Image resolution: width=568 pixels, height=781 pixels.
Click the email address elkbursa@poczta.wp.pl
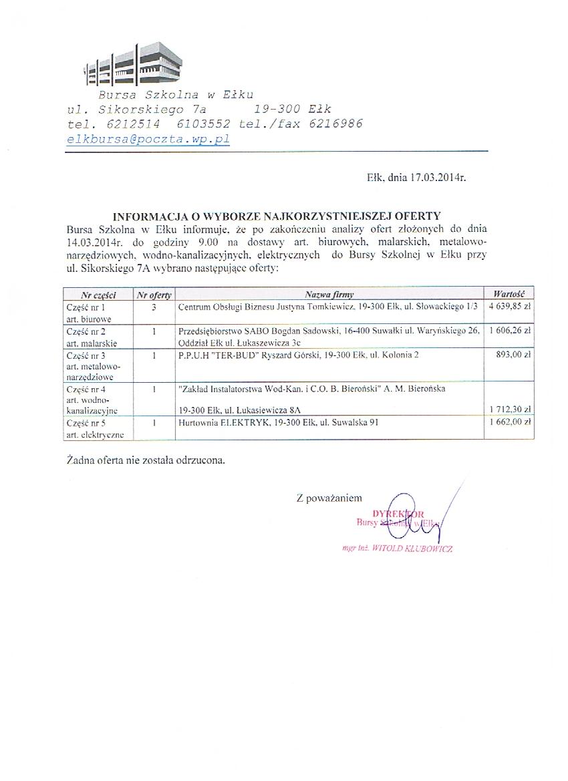(148, 140)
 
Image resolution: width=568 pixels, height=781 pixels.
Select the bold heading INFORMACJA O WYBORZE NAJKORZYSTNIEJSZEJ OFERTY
(276, 216)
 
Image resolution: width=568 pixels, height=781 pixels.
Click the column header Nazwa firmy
(329, 294)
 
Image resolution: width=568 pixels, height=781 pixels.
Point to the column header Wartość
(509, 294)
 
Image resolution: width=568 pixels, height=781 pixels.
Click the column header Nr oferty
(154, 295)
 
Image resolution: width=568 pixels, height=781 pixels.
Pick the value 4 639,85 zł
(510, 307)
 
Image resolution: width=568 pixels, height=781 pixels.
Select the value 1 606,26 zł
(510, 330)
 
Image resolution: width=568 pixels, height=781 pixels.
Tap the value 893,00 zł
(515, 355)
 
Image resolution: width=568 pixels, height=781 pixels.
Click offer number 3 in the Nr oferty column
(154, 307)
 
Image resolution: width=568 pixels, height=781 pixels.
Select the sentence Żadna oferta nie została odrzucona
(146, 460)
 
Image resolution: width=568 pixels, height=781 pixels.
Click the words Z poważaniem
(329, 498)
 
